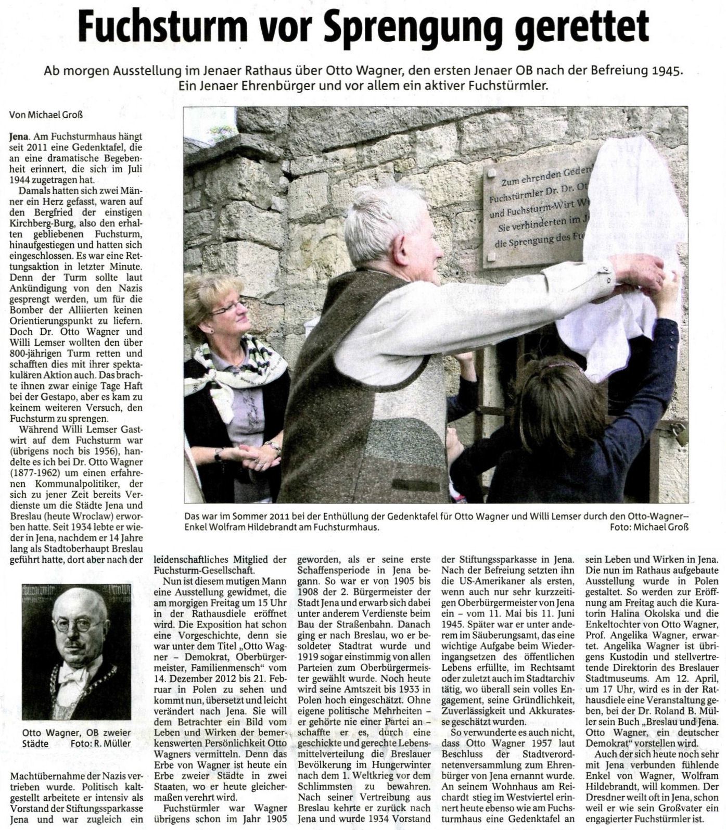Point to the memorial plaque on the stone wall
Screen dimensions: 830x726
coord(536,213)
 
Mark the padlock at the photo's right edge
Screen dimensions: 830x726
coord(678,431)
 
